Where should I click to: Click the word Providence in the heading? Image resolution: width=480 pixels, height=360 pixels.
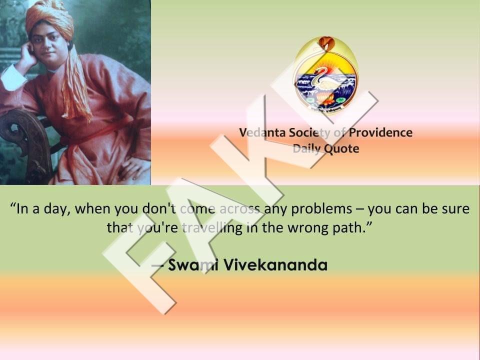point(380,132)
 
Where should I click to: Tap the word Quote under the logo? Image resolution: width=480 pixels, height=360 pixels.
point(341,149)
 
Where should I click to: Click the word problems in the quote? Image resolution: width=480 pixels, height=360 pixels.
point(321,209)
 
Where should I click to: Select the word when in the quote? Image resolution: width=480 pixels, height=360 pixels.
point(92,209)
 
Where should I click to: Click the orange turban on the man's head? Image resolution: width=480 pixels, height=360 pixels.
point(49,18)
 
